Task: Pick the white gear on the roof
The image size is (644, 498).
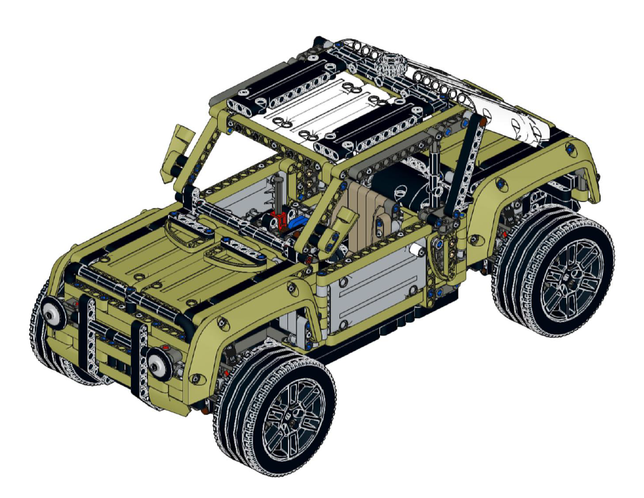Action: tap(391, 65)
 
